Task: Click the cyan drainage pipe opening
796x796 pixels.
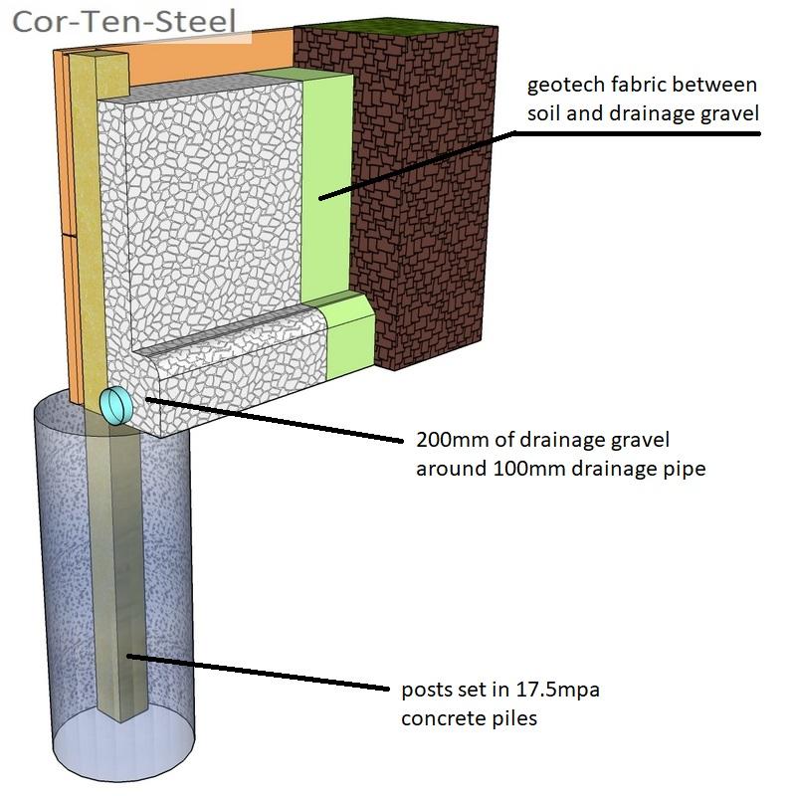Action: [117, 406]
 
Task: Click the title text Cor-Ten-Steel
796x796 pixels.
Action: [124, 21]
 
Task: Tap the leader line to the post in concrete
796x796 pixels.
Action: [259, 672]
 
